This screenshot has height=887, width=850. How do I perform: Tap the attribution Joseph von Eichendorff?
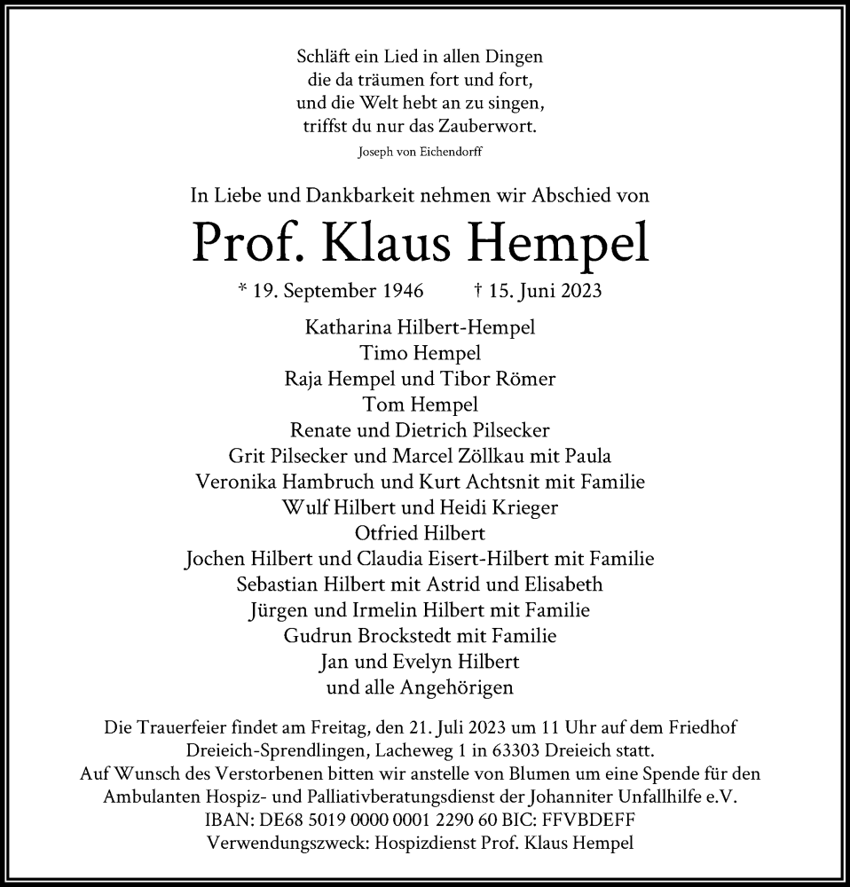pos(421,152)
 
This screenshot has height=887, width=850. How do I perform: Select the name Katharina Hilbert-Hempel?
pos(421,326)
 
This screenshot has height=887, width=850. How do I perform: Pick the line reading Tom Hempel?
pos(421,404)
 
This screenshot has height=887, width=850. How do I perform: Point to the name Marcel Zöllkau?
pos(505,456)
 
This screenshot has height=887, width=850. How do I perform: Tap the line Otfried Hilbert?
pos(421,533)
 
